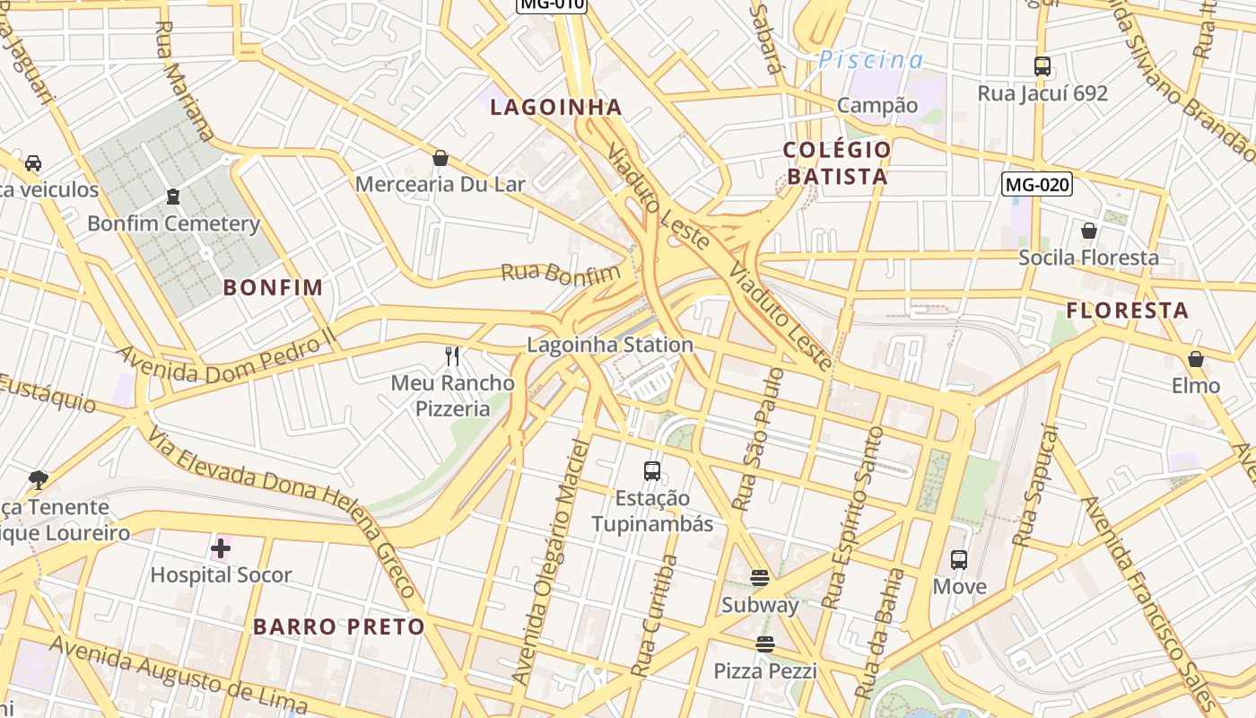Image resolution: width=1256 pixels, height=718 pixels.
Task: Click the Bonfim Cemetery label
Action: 173,223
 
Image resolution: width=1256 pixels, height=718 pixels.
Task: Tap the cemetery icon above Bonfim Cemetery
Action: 173,197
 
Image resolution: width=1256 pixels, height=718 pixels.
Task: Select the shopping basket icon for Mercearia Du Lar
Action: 440,159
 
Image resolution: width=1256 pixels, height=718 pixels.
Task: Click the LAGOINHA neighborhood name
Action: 555,108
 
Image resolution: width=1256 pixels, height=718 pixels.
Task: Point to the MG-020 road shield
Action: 1036,185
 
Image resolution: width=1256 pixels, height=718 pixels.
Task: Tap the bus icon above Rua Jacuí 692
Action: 1042,66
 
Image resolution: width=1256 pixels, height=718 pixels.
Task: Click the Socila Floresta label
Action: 1088,258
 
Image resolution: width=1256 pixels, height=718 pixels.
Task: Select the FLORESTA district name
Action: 1127,311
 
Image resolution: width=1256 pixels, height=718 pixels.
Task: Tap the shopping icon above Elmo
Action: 1195,360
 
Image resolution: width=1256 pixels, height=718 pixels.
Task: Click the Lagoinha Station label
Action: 609,345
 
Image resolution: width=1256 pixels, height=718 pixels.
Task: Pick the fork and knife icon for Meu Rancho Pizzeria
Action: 452,356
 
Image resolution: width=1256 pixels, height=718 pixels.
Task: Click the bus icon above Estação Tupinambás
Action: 652,470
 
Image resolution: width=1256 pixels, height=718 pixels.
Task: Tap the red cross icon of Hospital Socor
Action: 221,547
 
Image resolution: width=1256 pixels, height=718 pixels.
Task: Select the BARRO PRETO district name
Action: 338,626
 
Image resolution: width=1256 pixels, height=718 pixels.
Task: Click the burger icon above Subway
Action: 760,578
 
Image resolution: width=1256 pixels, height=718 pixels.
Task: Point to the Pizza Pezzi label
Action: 764,670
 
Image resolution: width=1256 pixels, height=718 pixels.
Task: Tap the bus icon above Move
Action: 959,560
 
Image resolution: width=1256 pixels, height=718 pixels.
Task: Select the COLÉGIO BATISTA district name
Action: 837,162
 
